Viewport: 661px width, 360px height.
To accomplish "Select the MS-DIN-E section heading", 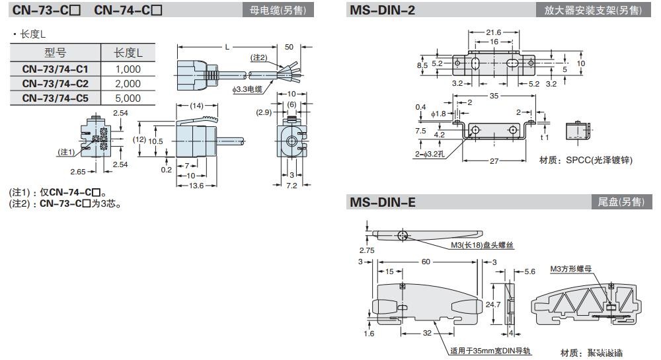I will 381,202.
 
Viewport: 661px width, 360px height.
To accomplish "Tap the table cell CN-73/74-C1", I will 55,69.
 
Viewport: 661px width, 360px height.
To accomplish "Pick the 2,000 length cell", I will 128,83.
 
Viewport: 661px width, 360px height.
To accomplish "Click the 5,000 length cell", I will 128,98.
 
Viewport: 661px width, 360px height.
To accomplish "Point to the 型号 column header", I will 55,53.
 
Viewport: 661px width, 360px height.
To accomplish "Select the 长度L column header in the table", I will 128,53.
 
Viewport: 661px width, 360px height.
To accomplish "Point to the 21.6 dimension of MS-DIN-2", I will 493,32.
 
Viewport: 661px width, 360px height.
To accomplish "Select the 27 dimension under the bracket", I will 494,161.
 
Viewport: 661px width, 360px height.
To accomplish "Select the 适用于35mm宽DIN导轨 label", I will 490,351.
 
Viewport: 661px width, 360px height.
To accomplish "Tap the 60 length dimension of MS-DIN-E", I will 426,262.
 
